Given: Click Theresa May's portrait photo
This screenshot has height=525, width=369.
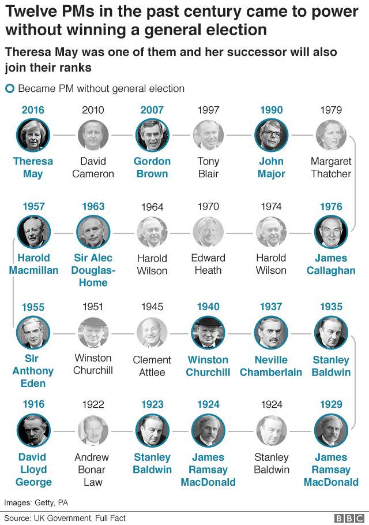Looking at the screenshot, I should point(33,135).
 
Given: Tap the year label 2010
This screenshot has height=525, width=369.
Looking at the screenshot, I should point(93,110).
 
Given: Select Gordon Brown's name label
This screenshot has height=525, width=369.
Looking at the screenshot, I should point(152,167).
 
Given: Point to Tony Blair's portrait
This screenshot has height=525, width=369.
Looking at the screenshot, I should point(208,135).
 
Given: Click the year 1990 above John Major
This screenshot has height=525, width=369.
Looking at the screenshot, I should point(271,110).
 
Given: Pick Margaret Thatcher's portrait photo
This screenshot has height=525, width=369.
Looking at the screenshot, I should point(331,135).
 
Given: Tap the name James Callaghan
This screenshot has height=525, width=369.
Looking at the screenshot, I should point(331,264).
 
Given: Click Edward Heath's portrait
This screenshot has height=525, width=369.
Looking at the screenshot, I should point(208,232).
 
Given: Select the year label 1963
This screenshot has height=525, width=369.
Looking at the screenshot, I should point(93,206).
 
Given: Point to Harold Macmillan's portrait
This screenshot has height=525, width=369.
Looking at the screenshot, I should point(33,232).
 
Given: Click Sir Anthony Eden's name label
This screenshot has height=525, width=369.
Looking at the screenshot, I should point(33,371).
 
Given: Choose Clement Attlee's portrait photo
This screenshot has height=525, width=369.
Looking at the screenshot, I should point(152,332).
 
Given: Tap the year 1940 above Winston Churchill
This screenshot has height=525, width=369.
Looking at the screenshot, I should point(208,307).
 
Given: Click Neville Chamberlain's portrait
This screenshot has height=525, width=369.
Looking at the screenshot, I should point(271,332).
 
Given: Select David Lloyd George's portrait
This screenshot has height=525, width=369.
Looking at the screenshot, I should point(33,430).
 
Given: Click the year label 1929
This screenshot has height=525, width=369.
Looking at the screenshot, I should point(331,404).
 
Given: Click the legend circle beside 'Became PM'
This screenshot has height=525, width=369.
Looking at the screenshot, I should point(9,88).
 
